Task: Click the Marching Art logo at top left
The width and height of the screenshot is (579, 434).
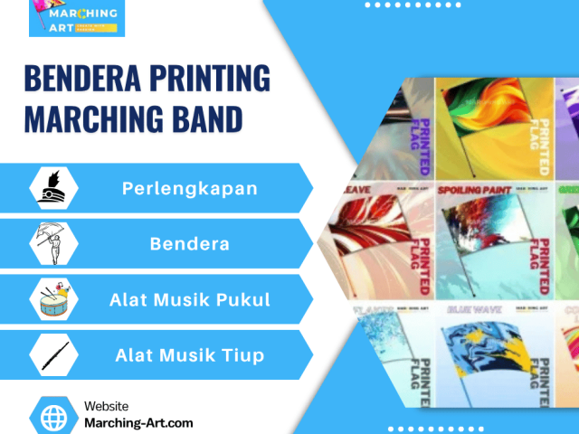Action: tap(77, 18)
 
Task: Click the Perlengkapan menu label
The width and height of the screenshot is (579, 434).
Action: tap(190, 189)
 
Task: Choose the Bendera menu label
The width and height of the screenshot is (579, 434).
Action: tap(190, 244)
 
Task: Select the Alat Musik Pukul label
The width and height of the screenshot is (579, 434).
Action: tap(190, 299)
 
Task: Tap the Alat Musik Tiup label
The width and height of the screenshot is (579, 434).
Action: tap(190, 354)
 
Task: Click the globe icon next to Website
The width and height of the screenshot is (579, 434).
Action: tap(55, 417)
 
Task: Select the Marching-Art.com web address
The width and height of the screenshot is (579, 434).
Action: tap(138, 423)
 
